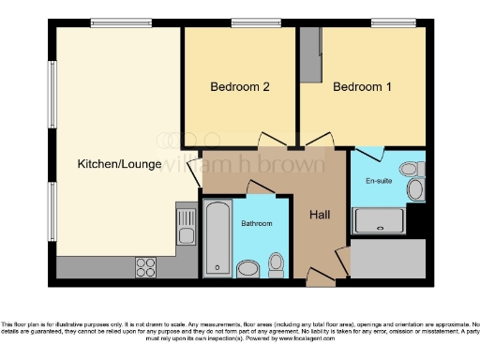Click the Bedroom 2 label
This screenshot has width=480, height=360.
[240, 87]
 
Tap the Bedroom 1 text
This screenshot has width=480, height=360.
[362, 87]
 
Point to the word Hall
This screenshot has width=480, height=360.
[320, 216]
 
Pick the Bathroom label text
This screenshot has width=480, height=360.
[256, 224]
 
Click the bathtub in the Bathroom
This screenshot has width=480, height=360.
[217, 238]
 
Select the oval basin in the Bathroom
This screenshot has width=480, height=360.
[248, 269]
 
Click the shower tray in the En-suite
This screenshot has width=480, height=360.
[378, 221]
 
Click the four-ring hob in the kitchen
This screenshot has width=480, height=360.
[146, 266]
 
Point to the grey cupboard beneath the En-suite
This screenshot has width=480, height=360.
[387, 257]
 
